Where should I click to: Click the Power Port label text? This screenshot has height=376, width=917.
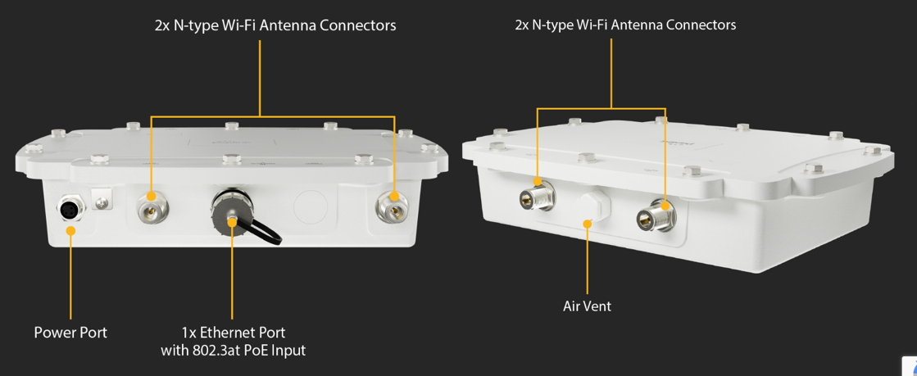click(70, 333)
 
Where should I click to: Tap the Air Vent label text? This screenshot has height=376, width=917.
click(587, 306)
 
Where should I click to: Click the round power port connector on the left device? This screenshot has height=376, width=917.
click(70, 210)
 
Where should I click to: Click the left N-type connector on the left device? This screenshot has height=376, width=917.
click(151, 206)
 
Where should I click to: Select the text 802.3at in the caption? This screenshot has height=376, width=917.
click(219, 351)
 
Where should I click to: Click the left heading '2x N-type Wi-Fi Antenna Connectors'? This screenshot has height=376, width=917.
click(275, 25)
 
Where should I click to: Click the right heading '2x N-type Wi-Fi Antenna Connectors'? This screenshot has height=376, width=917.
click(625, 25)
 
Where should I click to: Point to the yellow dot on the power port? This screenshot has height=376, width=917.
click(70, 231)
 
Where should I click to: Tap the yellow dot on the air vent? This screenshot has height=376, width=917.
click(587, 224)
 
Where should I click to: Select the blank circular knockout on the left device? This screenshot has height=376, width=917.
click(311, 207)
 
